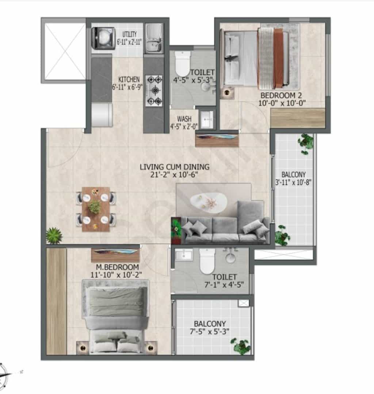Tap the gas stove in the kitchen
tap(154, 90)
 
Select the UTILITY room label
tap(130, 34)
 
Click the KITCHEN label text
tap(129, 80)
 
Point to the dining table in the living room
tap(96, 209)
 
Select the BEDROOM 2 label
tap(281, 96)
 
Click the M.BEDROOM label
tap(118, 267)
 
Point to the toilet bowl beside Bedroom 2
tap(182, 63)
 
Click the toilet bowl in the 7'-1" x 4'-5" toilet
tap(207, 261)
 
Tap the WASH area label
tap(184, 119)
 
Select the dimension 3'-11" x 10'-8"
tap(293, 182)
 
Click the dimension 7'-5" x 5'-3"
tap(210, 331)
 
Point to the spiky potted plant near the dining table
tap(54, 236)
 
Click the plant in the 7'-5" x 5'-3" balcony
tap(241, 346)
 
